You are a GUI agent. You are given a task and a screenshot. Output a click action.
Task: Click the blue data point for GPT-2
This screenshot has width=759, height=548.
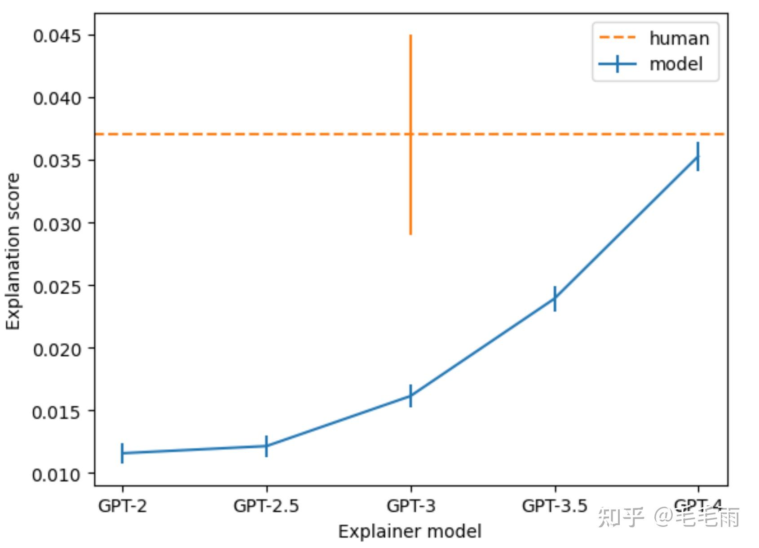122,453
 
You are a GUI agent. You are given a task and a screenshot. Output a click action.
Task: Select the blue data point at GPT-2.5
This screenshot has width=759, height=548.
266,446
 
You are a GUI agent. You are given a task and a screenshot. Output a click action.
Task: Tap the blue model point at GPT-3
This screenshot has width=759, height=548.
410,396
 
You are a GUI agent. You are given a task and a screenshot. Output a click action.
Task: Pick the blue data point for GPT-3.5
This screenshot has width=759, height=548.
555,298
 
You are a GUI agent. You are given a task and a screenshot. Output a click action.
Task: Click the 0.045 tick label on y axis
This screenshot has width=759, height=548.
57,36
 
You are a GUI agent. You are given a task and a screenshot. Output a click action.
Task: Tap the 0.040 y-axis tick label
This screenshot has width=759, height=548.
57,98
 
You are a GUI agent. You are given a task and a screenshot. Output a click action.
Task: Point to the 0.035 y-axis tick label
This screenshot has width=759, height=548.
57,161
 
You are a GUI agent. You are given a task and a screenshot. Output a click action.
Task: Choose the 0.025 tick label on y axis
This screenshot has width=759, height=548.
57,287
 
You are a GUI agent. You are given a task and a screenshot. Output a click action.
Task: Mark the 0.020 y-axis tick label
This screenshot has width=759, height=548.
57,349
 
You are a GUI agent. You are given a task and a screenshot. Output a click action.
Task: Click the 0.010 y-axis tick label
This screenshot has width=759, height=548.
57,474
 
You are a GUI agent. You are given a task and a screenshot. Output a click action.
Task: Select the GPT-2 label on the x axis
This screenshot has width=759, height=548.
122,506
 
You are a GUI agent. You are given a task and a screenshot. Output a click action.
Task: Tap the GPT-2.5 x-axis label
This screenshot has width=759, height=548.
266,506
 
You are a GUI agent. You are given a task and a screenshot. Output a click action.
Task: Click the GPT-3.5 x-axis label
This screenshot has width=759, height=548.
555,506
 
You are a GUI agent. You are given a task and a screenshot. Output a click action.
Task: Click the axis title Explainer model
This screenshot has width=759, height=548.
410,531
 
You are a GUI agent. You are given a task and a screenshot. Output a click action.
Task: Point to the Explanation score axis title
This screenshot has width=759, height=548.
13,252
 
